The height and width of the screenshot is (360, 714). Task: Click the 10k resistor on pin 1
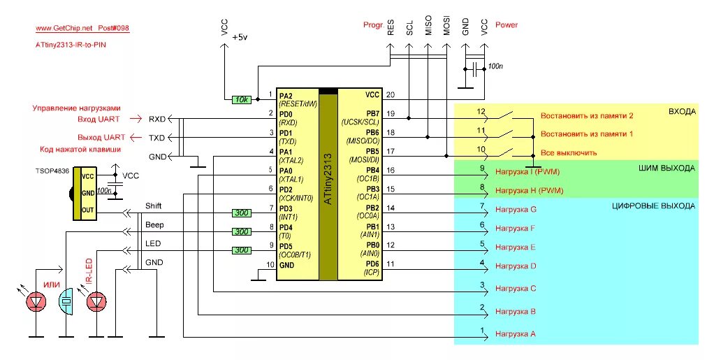(241, 99)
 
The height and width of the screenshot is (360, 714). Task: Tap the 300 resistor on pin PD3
(241, 213)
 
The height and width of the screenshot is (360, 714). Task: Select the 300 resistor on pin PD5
(241, 250)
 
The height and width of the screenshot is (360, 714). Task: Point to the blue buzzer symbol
(66, 301)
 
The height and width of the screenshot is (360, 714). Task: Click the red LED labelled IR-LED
(96, 301)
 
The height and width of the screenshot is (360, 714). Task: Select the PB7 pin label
(372, 113)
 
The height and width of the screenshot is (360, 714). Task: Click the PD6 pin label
(372, 264)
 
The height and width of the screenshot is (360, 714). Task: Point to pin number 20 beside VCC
(391, 95)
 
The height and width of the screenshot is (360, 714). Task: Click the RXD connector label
(157, 119)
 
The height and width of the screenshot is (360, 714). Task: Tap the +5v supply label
(240, 37)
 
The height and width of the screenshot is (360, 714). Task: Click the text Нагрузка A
(516, 334)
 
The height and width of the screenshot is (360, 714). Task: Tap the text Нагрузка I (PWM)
(527, 172)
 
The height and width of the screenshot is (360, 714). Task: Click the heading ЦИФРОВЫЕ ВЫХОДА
(653, 206)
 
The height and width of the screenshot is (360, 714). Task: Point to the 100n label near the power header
(495, 66)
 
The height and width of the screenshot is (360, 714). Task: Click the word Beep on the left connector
(154, 224)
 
